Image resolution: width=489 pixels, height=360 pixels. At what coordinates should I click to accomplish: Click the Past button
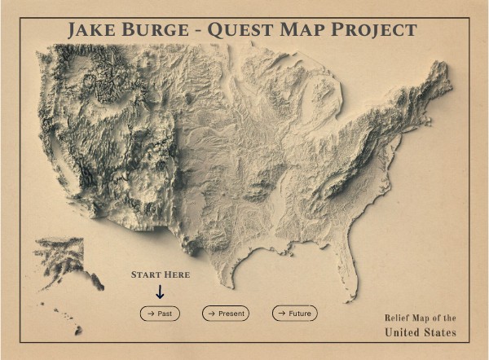(160, 313)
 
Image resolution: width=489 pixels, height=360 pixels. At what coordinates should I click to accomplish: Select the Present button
(226, 313)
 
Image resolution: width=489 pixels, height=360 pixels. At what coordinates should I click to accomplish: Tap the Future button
(294, 313)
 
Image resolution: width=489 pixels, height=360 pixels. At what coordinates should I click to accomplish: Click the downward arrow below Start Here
(160, 292)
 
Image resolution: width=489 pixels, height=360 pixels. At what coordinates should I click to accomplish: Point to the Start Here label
(161, 275)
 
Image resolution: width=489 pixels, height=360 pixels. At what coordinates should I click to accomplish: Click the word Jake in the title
(92, 30)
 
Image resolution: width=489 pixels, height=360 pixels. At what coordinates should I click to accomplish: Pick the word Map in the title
(306, 30)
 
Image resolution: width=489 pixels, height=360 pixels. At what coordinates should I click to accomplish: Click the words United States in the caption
(421, 332)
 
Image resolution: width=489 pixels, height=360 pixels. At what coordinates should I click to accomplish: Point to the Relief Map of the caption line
(421, 318)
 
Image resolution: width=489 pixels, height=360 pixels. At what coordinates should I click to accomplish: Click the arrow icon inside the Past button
(150, 313)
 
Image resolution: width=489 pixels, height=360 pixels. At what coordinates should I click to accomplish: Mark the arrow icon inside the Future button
(281, 313)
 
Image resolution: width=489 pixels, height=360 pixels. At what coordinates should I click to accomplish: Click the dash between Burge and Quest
(198, 32)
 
